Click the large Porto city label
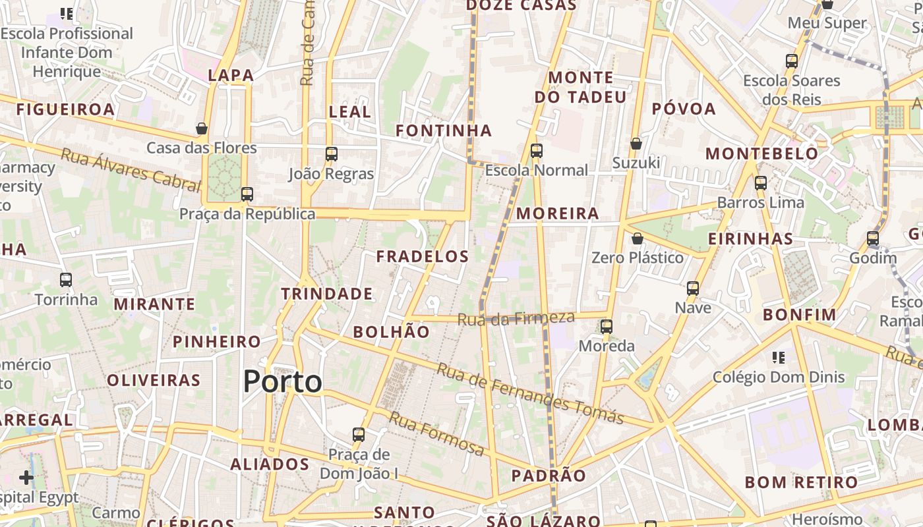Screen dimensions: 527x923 pyautogui.click(x=283, y=382)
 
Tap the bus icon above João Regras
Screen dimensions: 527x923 pyautogui.click(x=331, y=154)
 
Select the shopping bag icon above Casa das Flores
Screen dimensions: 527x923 pyautogui.click(x=202, y=128)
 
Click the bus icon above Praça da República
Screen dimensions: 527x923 pyautogui.click(x=247, y=194)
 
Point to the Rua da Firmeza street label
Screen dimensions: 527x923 pyautogui.click(x=516, y=319)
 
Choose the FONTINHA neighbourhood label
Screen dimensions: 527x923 pyautogui.click(x=444, y=130)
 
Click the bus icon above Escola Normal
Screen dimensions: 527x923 pyautogui.click(x=537, y=151)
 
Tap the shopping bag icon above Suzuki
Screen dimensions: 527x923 pyautogui.click(x=636, y=144)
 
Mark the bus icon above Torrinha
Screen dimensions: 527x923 pyautogui.click(x=66, y=280)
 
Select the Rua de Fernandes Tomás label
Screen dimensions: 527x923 pyautogui.click(x=530, y=393)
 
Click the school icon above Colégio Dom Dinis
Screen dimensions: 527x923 pyautogui.click(x=779, y=358)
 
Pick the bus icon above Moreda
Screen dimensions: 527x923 pyautogui.click(x=607, y=326)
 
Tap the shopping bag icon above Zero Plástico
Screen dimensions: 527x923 pyautogui.click(x=637, y=238)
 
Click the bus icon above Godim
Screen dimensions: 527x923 pyautogui.click(x=873, y=238)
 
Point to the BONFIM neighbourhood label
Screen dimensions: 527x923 pyautogui.click(x=800, y=315)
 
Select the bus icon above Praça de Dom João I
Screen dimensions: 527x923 pyautogui.click(x=359, y=435)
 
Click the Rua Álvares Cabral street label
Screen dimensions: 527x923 pyautogui.click(x=131, y=170)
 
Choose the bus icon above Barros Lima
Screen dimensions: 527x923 pyautogui.click(x=761, y=183)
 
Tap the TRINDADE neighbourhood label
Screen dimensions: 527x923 pyautogui.click(x=328, y=294)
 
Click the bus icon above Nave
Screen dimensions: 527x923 pyautogui.click(x=693, y=289)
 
